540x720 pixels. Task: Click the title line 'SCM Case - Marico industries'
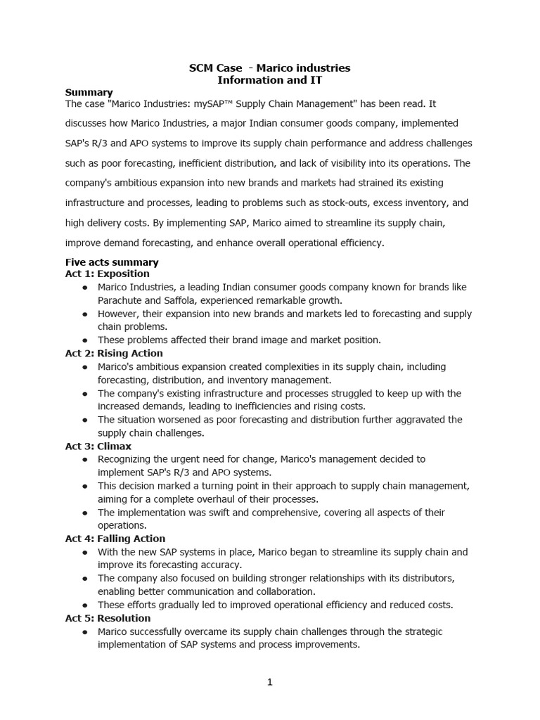tap(269, 68)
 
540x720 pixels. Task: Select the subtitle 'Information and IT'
tap(269, 81)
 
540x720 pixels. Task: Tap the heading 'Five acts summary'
tap(112, 262)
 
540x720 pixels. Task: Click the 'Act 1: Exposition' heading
tap(107, 274)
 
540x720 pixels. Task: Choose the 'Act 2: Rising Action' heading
tap(114, 353)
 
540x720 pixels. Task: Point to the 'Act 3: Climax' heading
tap(98, 446)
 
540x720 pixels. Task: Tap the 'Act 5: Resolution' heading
tap(108, 618)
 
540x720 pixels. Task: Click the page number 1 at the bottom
tap(270, 682)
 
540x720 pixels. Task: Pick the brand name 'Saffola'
tap(185, 300)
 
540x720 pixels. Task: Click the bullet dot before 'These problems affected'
tap(85, 340)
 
